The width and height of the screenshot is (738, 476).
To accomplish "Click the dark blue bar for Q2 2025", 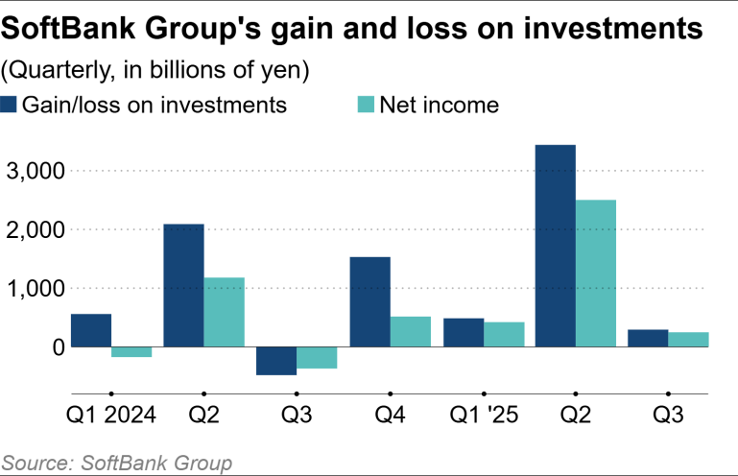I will point(555,246).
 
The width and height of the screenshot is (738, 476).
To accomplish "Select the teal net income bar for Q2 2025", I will point(595,274).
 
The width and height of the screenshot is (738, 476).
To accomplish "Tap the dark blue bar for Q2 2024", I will point(183,285).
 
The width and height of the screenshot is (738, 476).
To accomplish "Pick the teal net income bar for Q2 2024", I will point(224,312).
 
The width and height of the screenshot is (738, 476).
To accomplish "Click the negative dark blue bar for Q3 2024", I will point(276,361).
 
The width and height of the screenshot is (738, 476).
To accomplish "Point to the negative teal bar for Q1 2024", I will point(131,352).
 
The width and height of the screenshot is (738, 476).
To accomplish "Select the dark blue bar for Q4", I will point(369,301).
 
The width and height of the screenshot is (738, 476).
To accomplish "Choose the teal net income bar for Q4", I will point(410,331).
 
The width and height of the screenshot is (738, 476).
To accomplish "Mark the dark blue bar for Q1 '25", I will point(463,332).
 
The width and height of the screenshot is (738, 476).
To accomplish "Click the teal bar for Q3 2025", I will point(689,339).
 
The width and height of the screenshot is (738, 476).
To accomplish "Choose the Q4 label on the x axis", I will point(391,419).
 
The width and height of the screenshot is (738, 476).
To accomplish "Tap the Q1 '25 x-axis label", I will point(484,419).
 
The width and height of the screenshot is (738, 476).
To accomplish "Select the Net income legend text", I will point(439,105).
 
